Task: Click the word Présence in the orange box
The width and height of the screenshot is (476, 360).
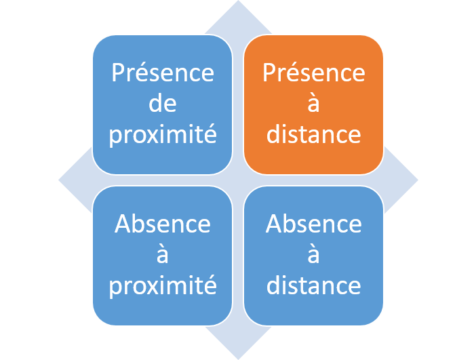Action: pyautogui.click(x=313, y=73)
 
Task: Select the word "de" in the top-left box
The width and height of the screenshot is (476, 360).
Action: pyautogui.click(x=163, y=103)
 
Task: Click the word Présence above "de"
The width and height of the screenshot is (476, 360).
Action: pyautogui.click(x=163, y=73)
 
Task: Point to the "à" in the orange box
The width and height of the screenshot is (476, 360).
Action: pyautogui.click(x=313, y=103)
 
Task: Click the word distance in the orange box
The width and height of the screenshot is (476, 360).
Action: pyautogui.click(x=313, y=134)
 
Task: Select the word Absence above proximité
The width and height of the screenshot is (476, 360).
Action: pyautogui.click(x=163, y=224)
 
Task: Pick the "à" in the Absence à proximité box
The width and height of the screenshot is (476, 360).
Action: pyautogui.click(x=163, y=254)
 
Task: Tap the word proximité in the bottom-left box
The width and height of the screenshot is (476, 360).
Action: pyautogui.click(x=163, y=286)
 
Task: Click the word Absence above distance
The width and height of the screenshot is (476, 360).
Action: pyautogui.click(x=313, y=224)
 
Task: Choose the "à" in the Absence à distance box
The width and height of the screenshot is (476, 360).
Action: pyautogui.click(x=313, y=254)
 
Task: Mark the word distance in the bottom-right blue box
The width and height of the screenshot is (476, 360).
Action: pyautogui.click(x=313, y=285)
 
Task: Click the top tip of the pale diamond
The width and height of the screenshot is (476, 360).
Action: pyautogui.click(x=238, y=1)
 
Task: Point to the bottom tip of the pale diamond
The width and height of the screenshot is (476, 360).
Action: pyautogui.click(x=238, y=359)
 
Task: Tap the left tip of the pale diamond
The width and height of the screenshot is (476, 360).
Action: pyautogui.click(x=59, y=180)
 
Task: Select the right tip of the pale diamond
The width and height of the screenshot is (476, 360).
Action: pyautogui.click(x=418, y=180)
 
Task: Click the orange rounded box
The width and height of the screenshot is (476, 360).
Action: pyautogui.click(x=313, y=104)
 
